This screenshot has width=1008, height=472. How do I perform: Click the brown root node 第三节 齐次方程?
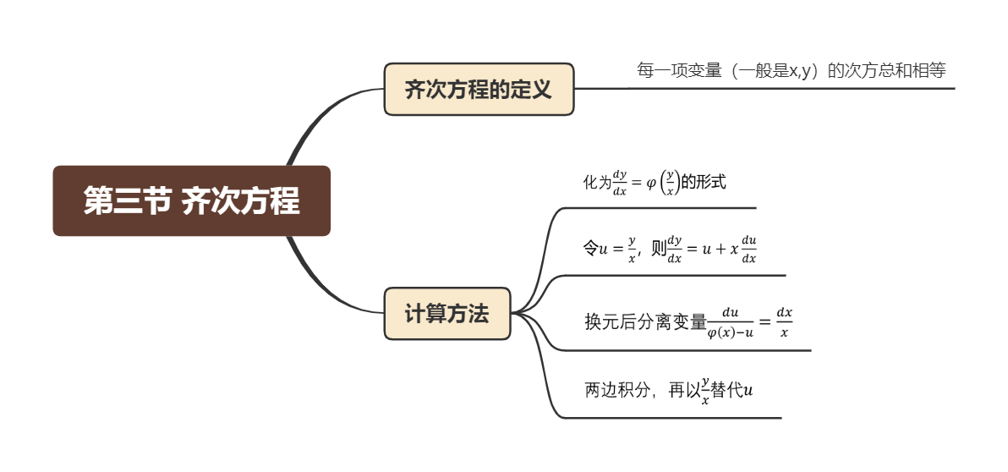(191, 200)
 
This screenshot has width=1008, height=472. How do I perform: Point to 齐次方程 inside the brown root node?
(241, 201)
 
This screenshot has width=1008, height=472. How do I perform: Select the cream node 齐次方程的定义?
(479, 89)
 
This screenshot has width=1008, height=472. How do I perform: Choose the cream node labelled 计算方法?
(447, 314)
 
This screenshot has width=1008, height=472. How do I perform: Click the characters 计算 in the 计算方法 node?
(425, 314)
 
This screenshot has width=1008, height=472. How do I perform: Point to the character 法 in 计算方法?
(479, 314)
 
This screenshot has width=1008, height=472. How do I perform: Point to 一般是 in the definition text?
(764, 71)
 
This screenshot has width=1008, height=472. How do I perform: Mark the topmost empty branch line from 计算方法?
(660, 207)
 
